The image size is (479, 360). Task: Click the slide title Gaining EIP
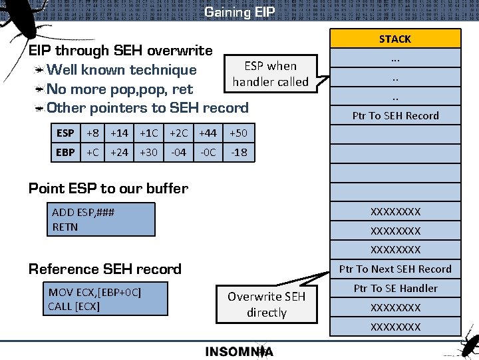point(239,12)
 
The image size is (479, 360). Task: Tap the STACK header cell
point(395,39)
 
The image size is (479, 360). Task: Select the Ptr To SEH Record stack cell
point(395,115)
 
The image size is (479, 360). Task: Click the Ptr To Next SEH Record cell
point(395,269)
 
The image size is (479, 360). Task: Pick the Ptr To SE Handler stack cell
point(395,289)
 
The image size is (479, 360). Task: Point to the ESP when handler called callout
point(270,74)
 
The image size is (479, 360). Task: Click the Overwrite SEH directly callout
point(266,304)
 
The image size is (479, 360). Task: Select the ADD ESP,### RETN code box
point(102,220)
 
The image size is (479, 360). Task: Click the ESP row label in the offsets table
point(65,133)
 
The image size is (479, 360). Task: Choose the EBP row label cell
point(65,153)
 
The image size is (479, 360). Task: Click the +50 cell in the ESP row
point(238,133)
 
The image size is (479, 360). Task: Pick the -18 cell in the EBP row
point(238,153)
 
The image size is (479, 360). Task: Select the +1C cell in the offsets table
point(148,133)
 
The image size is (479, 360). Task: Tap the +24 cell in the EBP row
point(119,153)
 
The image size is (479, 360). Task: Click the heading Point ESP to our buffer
point(108,188)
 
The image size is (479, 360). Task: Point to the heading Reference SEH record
point(105,269)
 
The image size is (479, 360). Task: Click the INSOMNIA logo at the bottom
point(239,351)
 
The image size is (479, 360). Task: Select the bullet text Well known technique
point(122,70)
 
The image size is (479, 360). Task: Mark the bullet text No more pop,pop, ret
point(120,89)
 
